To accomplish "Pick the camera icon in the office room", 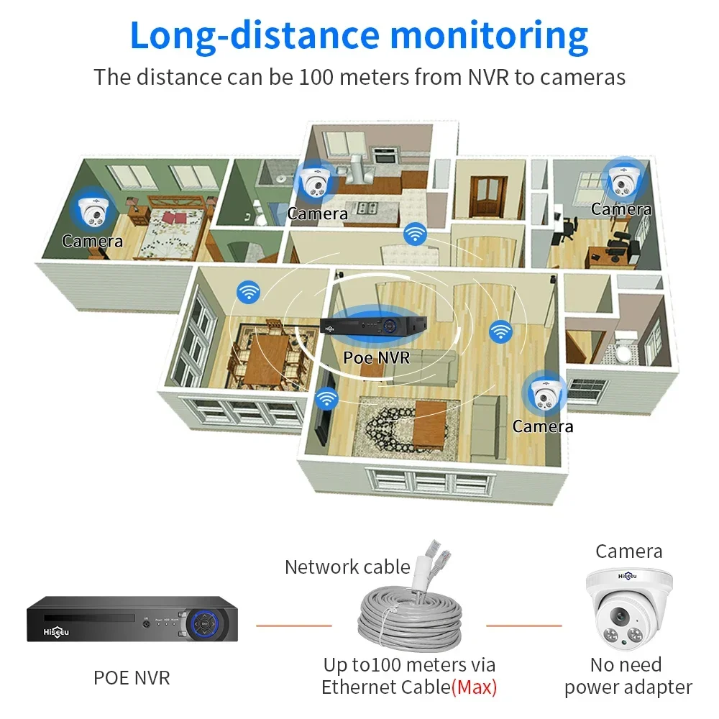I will click(x=621, y=180).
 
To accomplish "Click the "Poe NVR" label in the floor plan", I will click(x=376, y=356).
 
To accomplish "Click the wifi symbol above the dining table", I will click(x=249, y=291).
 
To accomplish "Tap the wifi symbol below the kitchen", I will click(x=414, y=233).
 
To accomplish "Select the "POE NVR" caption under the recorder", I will click(x=132, y=677).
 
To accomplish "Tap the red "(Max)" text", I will click(x=475, y=687).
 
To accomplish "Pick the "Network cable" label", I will click(x=347, y=567).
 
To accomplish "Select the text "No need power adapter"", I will click(x=628, y=676).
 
